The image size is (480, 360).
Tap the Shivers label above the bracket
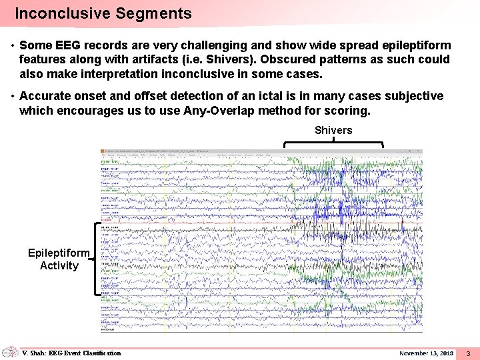333,130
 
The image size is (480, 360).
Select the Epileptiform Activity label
59,259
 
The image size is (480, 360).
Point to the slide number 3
468,353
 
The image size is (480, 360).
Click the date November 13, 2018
426,353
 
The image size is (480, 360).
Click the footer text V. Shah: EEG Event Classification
71,353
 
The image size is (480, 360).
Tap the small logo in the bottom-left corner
10,352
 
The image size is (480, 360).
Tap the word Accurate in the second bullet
45,96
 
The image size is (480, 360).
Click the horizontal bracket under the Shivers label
333,143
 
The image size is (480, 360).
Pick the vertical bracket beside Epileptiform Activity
97,258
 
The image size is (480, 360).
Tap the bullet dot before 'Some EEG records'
13,46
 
